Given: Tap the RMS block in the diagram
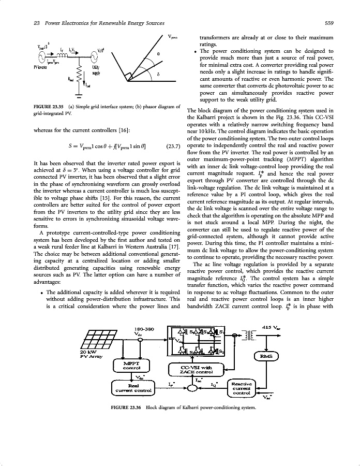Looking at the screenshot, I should pos(267,356).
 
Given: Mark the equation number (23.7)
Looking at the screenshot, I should pos(170,146).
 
